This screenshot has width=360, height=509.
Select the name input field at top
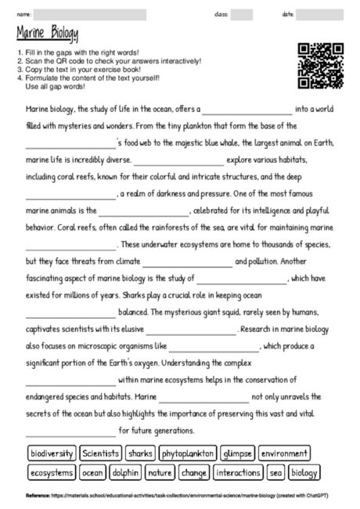point(90,14)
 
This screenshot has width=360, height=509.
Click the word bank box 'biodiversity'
point(52,453)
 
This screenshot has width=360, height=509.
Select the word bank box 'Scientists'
point(101,453)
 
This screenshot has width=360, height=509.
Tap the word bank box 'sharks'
point(140,453)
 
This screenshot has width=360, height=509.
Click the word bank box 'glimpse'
point(237,453)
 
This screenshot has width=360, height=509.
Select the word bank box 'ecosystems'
point(52,473)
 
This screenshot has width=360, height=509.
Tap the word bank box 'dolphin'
point(126,473)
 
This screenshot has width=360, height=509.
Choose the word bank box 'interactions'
point(239,473)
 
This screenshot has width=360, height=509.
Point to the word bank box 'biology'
point(304,473)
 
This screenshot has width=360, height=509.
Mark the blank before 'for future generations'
point(70,431)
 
